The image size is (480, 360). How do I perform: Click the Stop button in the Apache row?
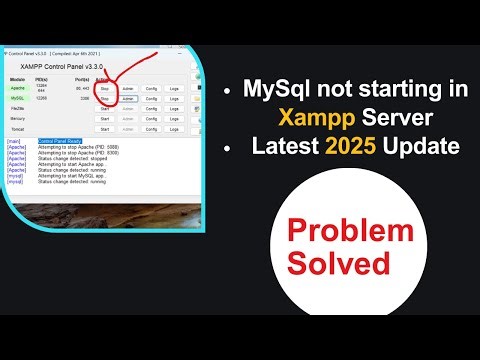pyautogui.click(x=104, y=88)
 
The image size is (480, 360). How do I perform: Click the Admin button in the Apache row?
pyautogui.click(x=128, y=88)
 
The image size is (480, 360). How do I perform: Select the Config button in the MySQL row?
pyautogui.click(x=152, y=99)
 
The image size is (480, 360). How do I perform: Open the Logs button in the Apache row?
pyautogui.click(x=174, y=88)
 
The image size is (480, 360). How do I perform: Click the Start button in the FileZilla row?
pyautogui.click(x=104, y=109)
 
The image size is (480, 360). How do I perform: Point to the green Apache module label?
pyautogui.click(x=16, y=88)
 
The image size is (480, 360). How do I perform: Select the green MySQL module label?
pyautogui.click(x=16, y=99)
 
